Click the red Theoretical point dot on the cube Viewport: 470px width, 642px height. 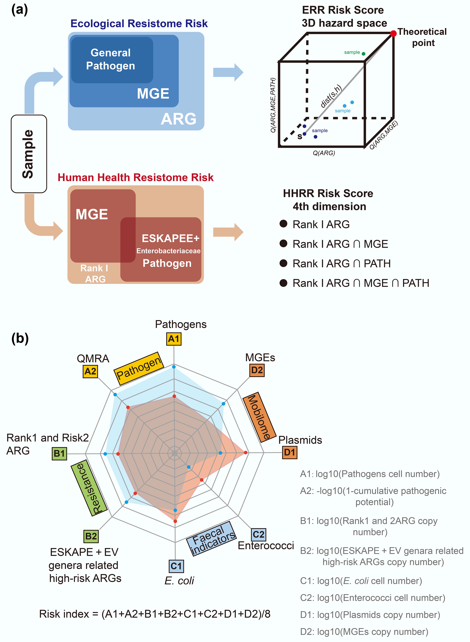[x=393, y=34]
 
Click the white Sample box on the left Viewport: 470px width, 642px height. [x=29, y=154]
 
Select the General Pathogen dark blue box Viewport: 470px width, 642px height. [x=112, y=60]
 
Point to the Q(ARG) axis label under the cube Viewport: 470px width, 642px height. [x=324, y=153]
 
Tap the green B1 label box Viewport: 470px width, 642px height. [x=60, y=453]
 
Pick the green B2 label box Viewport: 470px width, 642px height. [x=91, y=536]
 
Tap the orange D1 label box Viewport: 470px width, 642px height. [x=290, y=452]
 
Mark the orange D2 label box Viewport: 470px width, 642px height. [x=257, y=370]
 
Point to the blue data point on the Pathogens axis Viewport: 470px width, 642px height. [x=174, y=367]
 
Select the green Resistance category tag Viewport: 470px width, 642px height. [x=89, y=488]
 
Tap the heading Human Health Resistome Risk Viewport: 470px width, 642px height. [x=135, y=178]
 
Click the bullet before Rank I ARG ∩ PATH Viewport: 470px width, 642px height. [x=283, y=263]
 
